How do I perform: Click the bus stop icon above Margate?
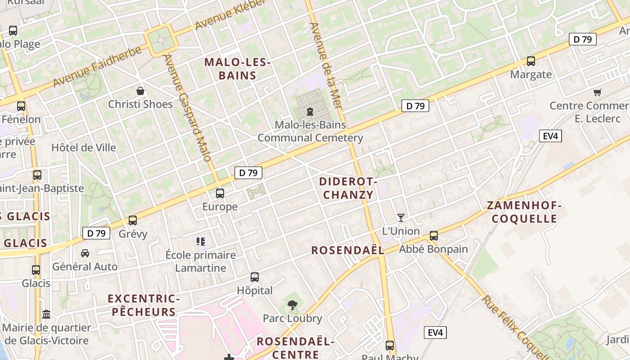(531, 61)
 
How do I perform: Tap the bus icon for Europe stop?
(220, 193)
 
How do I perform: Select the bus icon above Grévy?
(132, 220)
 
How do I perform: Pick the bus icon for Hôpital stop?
(255, 277)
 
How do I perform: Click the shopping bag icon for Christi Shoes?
(140, 91)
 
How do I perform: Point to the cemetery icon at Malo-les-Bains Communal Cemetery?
(310, 111)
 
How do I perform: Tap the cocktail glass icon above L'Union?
(400, 218)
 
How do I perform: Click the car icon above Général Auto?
(85, 253)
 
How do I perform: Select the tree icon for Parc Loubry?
(292, 305)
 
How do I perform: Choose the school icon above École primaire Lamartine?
(201, 242)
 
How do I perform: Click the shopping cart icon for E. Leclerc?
(597, 93)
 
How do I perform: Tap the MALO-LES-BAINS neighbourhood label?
(237, 69)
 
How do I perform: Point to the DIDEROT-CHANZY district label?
(348, 188)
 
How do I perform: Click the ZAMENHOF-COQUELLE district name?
(524, 212)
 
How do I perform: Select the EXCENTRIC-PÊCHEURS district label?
(144, 305)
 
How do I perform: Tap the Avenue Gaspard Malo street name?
(187, 108)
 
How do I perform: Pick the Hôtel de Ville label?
(84, 148)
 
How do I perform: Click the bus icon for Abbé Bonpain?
(434, 236)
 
